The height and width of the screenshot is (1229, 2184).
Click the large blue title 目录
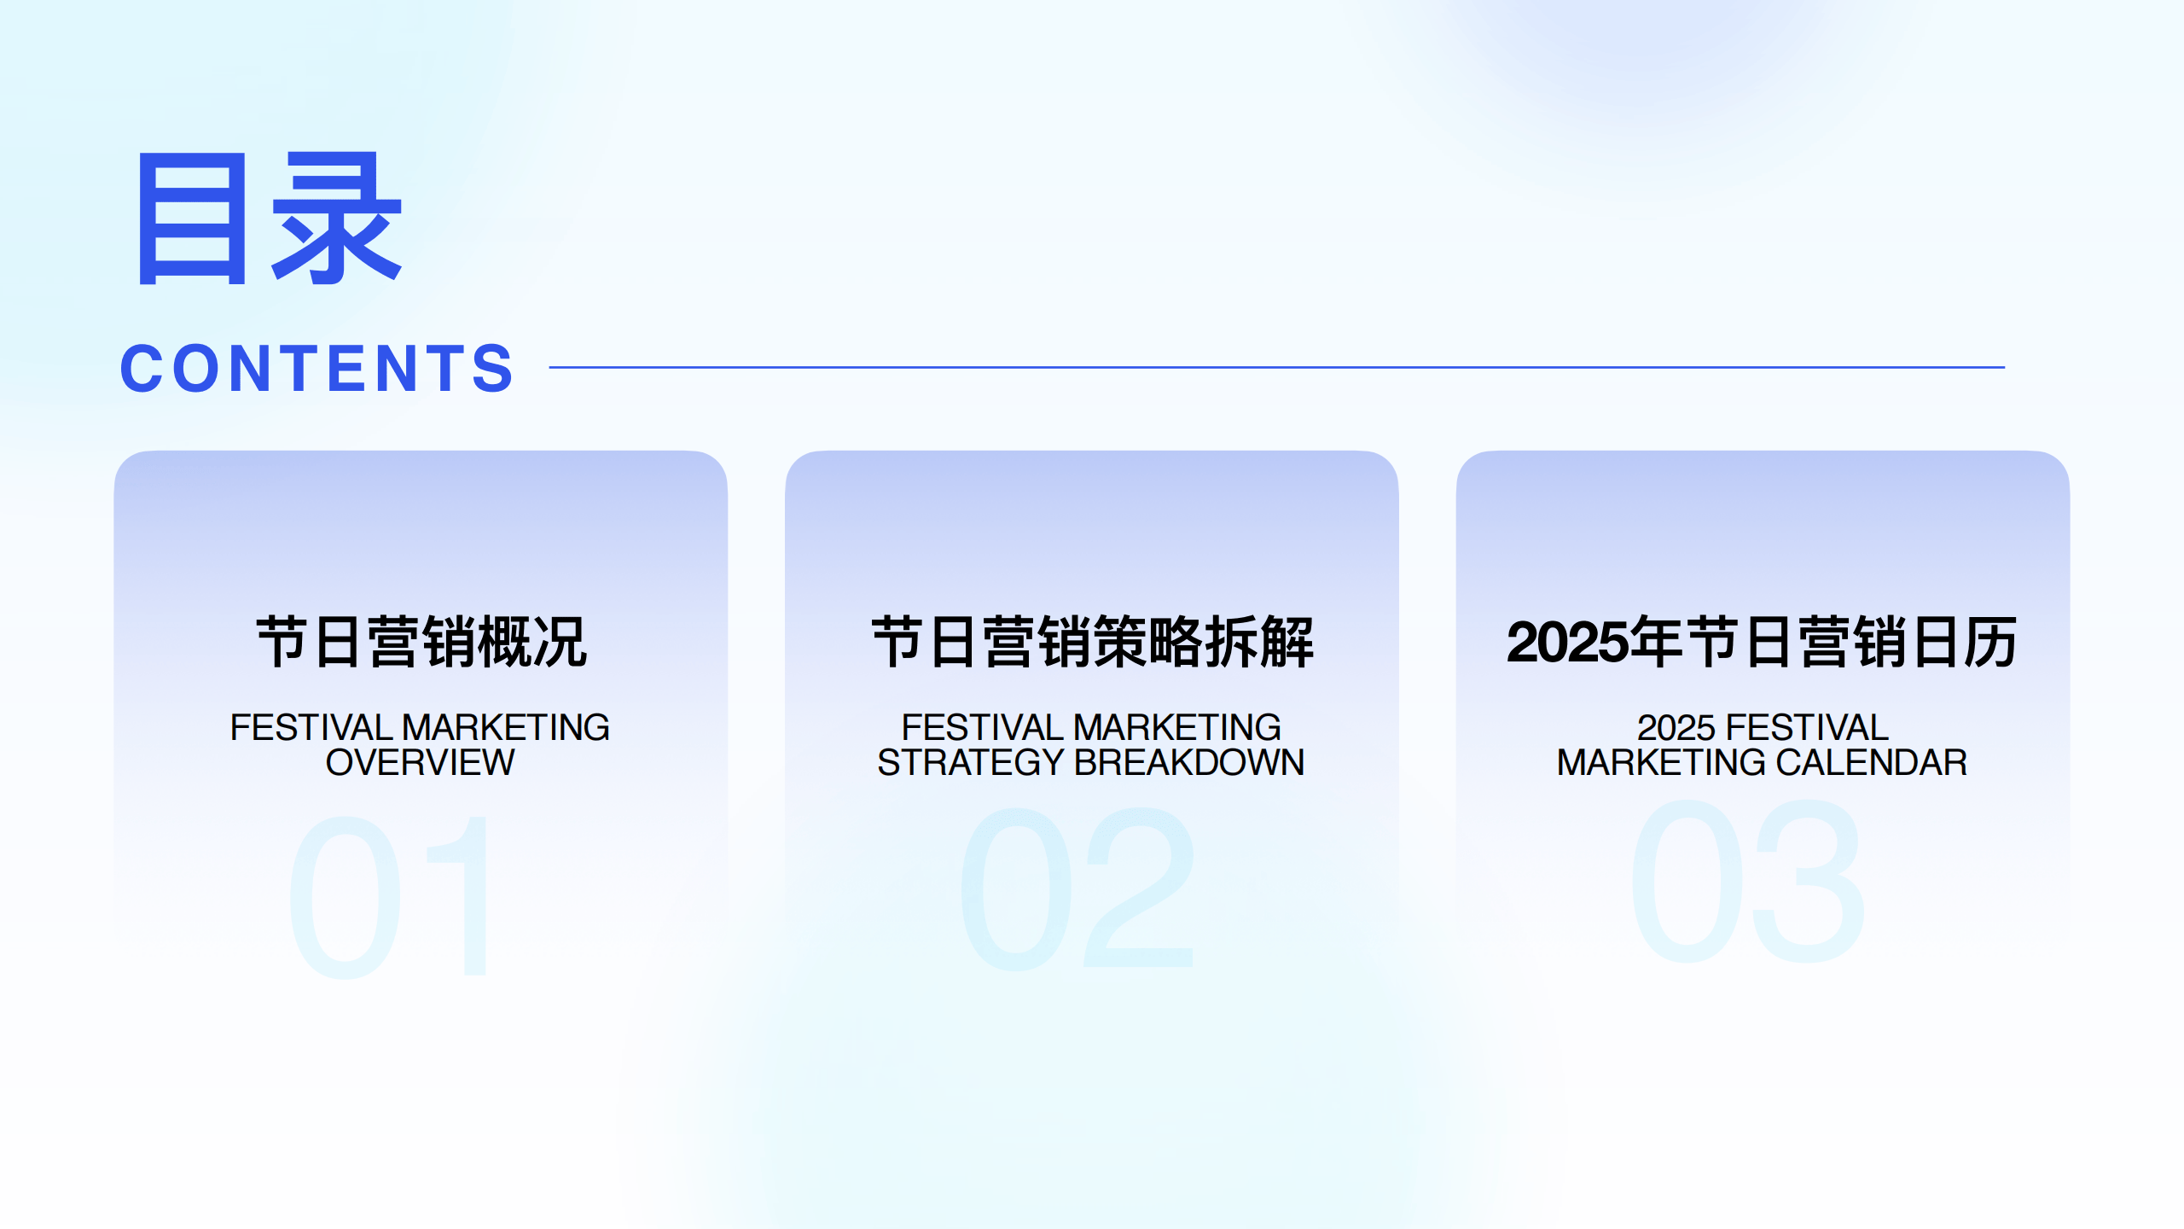coord(270,218)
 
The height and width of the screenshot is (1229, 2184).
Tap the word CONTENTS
coord(317,369)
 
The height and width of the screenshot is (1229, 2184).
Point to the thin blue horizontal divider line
coord(1276,367)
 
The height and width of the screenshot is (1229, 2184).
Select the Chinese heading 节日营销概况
coord(421,642)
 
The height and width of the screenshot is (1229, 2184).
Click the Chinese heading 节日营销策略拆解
coord(1092,642)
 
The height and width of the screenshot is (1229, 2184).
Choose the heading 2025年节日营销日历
coord(1763,642)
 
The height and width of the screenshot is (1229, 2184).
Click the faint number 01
coord(389,896)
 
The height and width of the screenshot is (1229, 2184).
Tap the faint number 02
coord(1077,888)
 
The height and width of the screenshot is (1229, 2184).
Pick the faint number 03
coord(1748,881)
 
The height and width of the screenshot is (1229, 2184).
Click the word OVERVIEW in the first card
coord(421,762)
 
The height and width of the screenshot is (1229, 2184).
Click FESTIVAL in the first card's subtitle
coord(311,727)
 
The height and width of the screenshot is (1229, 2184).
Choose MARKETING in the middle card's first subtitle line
coord(1177,727)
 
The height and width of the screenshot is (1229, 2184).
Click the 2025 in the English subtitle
coord(1676,727)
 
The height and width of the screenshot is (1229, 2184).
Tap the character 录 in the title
coord(337,218)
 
